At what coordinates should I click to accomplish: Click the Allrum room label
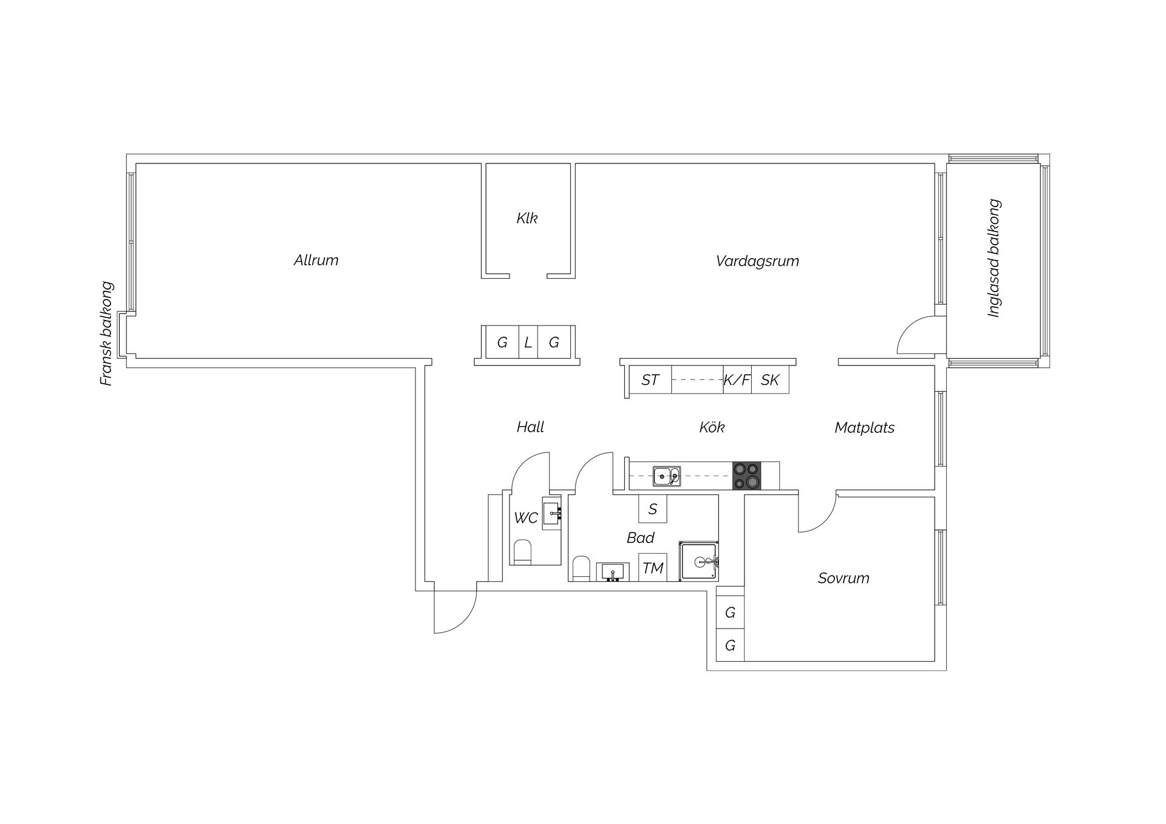316,260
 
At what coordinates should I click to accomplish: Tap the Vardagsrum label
757,261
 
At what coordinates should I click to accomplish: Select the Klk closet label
527,218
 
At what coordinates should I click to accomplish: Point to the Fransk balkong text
107,333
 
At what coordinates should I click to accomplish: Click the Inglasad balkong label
994,258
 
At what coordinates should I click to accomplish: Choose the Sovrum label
844,578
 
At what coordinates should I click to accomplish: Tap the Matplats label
864,427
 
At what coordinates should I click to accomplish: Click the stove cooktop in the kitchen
746,475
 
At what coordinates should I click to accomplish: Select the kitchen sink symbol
666,476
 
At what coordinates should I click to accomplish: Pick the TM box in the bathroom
653,568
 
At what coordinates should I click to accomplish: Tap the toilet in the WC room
522,552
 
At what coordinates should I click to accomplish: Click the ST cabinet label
650,380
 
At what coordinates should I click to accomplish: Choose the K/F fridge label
737,380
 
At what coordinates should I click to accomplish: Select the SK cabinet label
770,380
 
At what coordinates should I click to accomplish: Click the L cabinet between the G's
528,342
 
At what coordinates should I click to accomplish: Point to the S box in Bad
653,509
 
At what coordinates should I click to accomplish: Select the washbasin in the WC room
552,514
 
